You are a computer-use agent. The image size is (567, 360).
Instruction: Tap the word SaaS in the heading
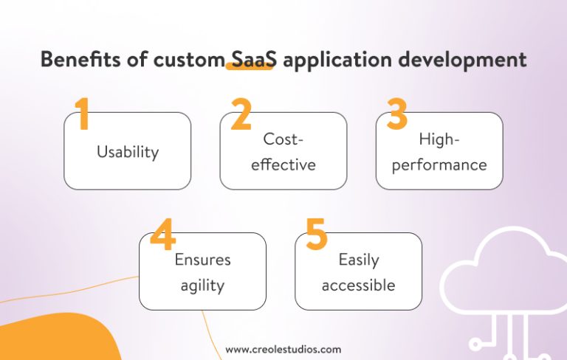(x=250, y=59)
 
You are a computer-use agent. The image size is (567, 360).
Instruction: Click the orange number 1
(x=83, y=114)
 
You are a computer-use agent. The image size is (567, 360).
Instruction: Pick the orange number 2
(x=241, y=114)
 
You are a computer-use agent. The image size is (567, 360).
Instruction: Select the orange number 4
(x=162, y=235)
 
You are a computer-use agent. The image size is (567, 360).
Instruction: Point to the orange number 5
(x=316, y=235)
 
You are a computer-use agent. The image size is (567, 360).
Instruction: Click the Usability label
(x=128, y=152)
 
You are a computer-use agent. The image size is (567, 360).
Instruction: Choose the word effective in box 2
(x=283, y=164)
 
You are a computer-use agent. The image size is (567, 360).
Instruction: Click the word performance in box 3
(x=439, y=164)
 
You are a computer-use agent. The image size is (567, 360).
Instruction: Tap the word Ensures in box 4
(x=202, y=260)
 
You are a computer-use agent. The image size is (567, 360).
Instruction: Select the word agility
(x=202, y=285)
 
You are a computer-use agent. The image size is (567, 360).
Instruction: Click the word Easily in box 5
(x=358, y=260)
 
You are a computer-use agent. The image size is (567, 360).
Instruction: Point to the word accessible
(x=358, y=285)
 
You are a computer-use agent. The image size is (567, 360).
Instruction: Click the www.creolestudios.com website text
(x=283, y=349)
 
